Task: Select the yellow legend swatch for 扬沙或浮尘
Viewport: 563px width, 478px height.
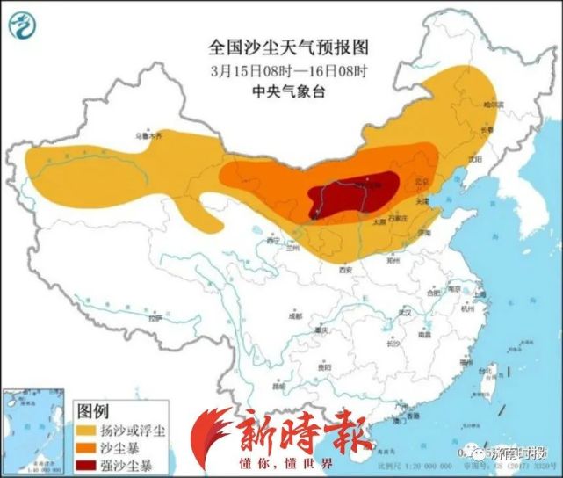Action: tap(90, 430)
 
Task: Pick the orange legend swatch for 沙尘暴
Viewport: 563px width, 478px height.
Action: tap(90, 446)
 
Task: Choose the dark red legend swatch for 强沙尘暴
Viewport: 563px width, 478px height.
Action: tap(90, 463)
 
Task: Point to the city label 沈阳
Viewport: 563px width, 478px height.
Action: tap(475, 160)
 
